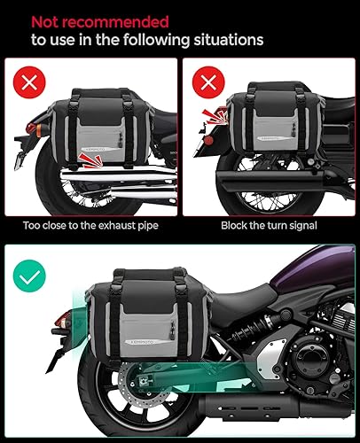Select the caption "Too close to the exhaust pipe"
click(x=90, y=227)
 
